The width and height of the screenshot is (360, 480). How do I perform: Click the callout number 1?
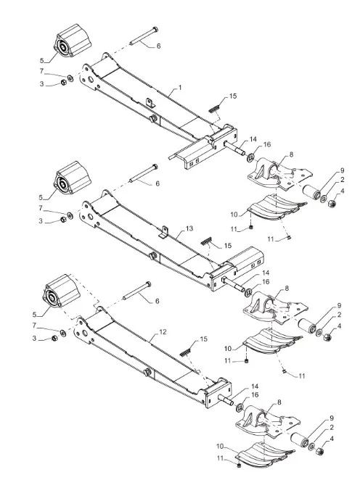(180, 88)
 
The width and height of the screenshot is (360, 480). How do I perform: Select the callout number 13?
(189, 228)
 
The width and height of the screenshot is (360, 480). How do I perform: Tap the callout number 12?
(163, 332)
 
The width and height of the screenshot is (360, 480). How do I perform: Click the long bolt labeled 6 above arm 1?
(144, 36)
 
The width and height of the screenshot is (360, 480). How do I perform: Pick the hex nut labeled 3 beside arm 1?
(63, 83)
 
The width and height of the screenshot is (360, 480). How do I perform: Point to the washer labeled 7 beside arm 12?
(63, 333)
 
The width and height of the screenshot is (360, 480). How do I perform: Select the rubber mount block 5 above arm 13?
(72, 178)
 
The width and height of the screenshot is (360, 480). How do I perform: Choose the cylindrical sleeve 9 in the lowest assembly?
(299, 441)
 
